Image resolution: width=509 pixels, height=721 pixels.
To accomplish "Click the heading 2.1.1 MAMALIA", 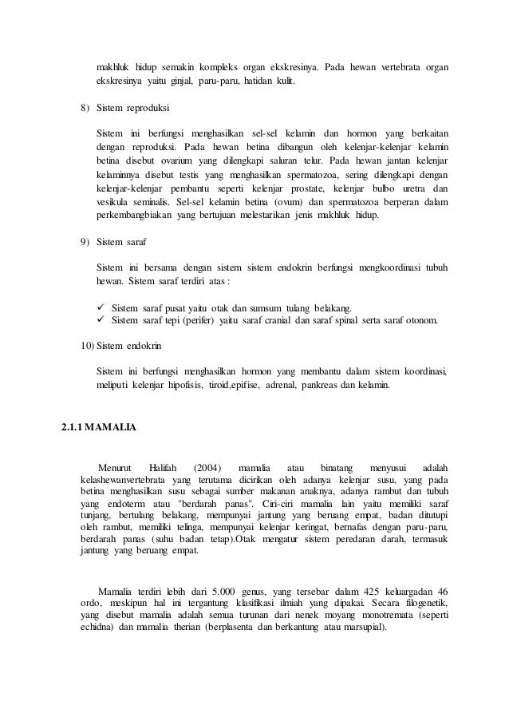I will pos(98,426).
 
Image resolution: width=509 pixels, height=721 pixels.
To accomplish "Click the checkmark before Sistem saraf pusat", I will pos(101,308).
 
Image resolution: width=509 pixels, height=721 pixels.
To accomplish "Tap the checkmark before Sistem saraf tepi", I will pos(101,322).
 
